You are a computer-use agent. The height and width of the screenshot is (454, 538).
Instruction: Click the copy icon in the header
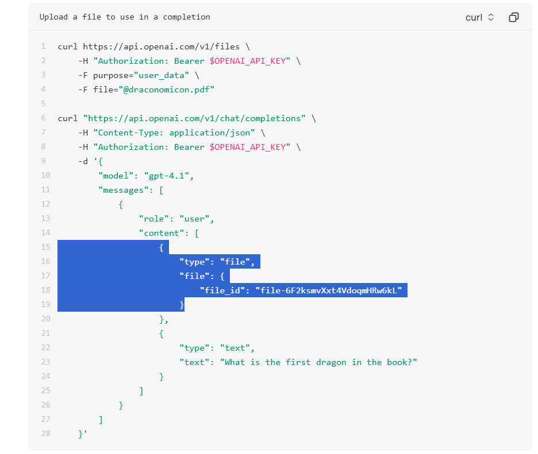coord(514,17)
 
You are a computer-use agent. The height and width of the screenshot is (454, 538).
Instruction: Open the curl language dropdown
coord(479,17)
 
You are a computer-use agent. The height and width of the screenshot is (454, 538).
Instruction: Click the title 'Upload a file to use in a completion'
coord(125,17)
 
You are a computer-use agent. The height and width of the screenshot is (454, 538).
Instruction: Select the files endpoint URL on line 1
coord(162,46)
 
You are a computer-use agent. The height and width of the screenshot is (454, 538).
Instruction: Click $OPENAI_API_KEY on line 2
coord(248,61)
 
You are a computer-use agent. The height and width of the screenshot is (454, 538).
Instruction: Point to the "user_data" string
coord(162,75)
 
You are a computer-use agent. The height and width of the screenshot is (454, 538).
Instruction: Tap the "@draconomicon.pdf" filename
coord(167,90)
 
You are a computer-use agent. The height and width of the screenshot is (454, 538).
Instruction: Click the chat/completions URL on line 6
coord(194,119)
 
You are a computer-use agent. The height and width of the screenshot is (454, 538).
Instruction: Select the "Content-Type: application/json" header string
coord(174,133)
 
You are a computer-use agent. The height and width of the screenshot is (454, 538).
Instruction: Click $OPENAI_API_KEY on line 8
coord(248,148)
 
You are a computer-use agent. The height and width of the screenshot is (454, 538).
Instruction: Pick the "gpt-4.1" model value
coord(167,176)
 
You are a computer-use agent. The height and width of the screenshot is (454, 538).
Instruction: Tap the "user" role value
coord(194,219)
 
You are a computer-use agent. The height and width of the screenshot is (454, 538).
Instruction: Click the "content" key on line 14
coord(159,234)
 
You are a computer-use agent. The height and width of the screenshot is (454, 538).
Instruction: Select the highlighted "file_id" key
coord(222,291)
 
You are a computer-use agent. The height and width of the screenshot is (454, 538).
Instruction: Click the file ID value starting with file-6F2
coord(328,291)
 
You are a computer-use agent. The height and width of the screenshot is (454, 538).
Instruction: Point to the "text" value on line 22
coord(235,348)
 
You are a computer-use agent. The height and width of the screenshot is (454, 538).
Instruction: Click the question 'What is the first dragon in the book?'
coord(318,363)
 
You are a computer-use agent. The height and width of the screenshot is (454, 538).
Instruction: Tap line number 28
coord(45,434)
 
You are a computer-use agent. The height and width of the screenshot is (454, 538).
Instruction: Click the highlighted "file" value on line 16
coord(235,262)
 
